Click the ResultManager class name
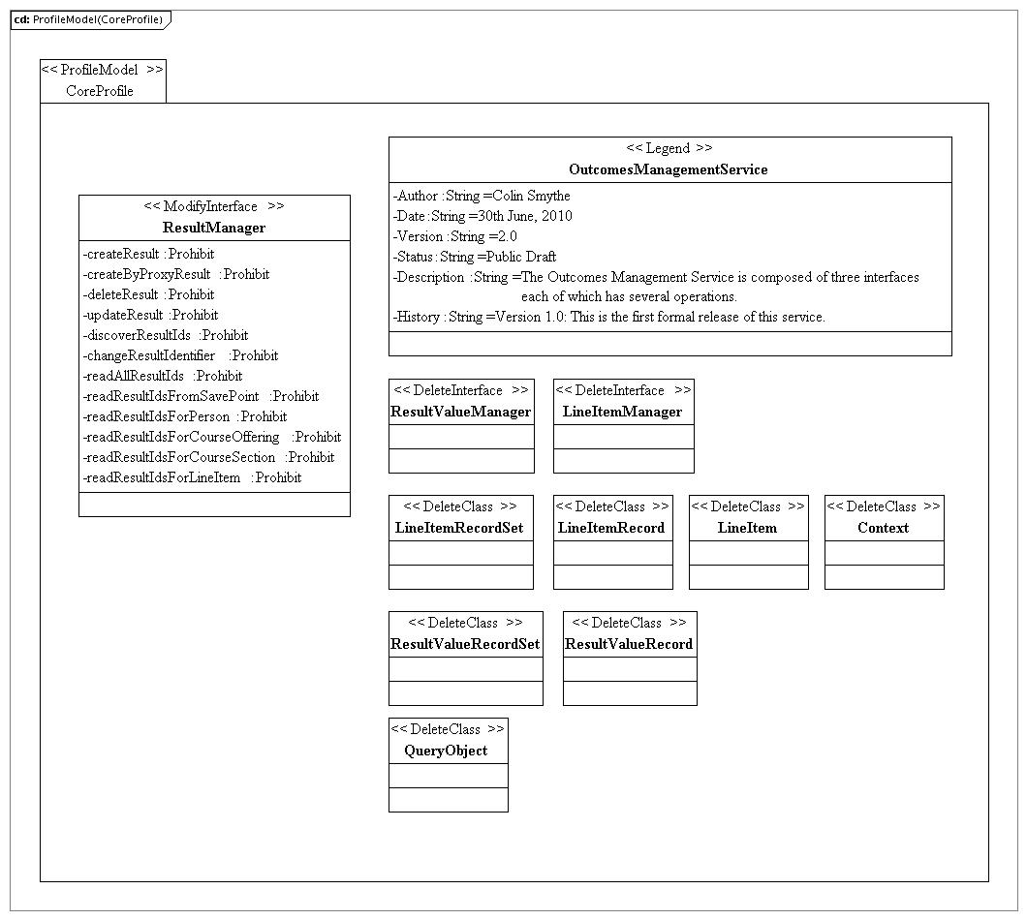(214, 228)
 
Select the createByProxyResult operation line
(176, 274)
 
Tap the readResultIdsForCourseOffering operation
(212, 437)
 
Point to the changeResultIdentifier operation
(180, 355)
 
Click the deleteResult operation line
(149, 294)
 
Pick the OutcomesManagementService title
(669, 169)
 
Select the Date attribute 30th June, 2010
(482, 216)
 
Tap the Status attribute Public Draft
(475, 257)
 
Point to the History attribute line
(609, 317)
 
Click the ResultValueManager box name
(461, 412)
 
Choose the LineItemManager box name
(623, 412)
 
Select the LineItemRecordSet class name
(459, 528)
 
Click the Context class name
(883, 528)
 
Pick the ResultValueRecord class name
(629, 644)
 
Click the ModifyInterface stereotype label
(214, 206)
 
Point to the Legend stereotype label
(669, 148)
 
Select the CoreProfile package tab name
(100, 91)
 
